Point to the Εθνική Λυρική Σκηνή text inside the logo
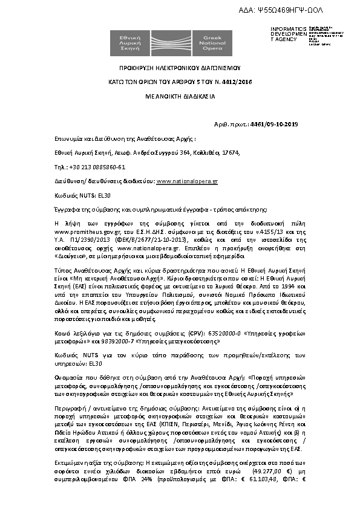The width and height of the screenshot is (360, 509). [x=126, y=40]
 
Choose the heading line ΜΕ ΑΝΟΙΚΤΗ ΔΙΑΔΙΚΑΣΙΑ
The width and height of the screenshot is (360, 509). [x=180, y=96]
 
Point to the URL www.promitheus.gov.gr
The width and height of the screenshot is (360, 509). [x=81, y=231]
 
